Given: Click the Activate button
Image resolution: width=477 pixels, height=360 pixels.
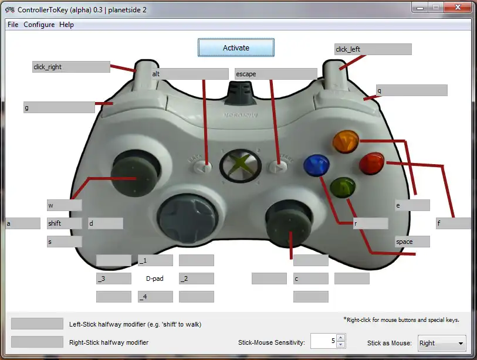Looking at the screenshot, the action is [x=236, y=47].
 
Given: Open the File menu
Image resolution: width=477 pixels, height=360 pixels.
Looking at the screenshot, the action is [x=13, y=25].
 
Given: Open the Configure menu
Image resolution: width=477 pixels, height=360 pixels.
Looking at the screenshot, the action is [x=39, y=25].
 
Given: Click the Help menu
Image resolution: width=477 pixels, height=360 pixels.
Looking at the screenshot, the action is [x=66, y=25].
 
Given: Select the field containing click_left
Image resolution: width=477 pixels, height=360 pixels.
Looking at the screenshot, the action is [x=373, y=49].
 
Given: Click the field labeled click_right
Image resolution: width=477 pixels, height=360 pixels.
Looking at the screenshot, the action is [x=71, y=67].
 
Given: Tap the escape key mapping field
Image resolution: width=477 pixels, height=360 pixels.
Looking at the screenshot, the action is [x=276, y=74].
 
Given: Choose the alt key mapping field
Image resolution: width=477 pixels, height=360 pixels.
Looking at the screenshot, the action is [x=190, y=74].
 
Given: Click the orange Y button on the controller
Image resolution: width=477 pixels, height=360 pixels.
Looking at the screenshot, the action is [x=346, y=141].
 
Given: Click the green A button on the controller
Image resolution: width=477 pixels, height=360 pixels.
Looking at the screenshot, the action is [x=343, y=188].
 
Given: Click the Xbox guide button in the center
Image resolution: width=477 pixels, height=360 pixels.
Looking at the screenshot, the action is [x=241, y=166].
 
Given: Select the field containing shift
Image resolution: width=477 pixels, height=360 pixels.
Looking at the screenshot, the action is [x=65, y=223].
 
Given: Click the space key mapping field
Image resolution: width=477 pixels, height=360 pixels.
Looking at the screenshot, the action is [x=412, y=242].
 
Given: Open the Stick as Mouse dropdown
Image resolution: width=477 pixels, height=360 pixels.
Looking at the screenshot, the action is [x=442, y=343].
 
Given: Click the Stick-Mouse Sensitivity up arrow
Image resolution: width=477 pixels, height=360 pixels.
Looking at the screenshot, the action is [x=341, y=338].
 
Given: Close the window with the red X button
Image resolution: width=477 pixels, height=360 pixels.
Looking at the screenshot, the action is [x=458, y=7].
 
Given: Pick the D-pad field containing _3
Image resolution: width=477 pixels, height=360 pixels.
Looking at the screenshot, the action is [x=114, y=279].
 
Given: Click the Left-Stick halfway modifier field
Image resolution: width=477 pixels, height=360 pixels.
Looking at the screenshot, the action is [x=37, y=324].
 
